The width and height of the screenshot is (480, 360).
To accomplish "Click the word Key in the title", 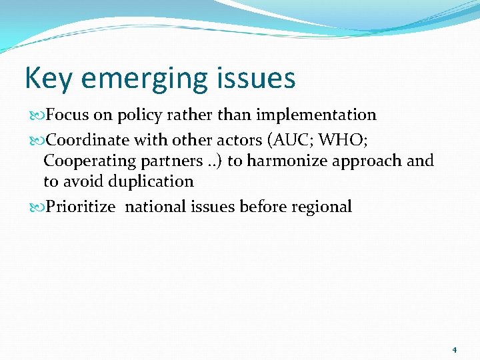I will coord(45,79).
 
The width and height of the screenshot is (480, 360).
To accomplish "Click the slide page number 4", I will coord(454,349).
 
